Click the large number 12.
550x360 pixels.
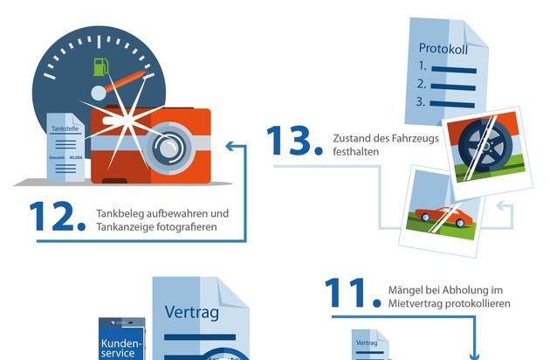tap(57, 218)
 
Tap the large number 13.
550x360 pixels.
tap(292, 143)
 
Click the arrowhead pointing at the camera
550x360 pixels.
tap(228, 148)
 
